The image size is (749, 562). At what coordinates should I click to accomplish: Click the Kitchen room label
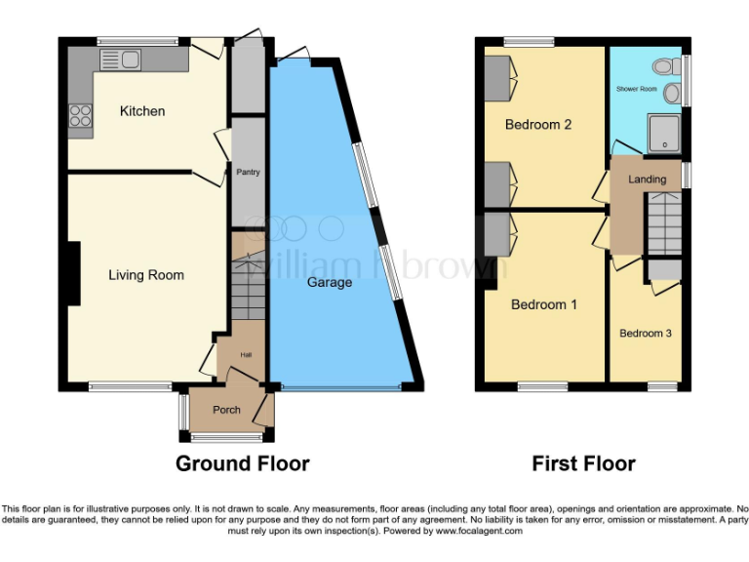pos(142,111)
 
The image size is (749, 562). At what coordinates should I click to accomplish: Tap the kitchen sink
pos(120,60)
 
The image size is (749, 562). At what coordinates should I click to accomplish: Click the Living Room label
pos(145,275)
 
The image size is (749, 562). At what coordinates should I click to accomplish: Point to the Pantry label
pos(248,172)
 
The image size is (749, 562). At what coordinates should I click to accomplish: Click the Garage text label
pos(330,282)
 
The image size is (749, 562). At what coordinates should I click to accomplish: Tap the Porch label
pos(226,410)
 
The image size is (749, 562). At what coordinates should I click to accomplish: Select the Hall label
pos(247,354)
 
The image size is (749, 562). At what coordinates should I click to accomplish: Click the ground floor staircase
pos(248,284)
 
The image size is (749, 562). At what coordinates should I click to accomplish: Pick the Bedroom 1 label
pos(544,304)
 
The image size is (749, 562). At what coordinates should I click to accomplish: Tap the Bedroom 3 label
pos(646,334)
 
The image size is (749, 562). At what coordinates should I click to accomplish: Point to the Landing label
pos(647,180)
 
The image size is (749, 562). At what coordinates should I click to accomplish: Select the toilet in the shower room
pos(666,66)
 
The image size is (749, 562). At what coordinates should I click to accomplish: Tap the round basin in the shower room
pos(671,94)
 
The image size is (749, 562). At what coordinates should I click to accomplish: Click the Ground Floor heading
pos(242,463)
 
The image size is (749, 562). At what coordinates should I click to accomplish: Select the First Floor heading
pos(583,463)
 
